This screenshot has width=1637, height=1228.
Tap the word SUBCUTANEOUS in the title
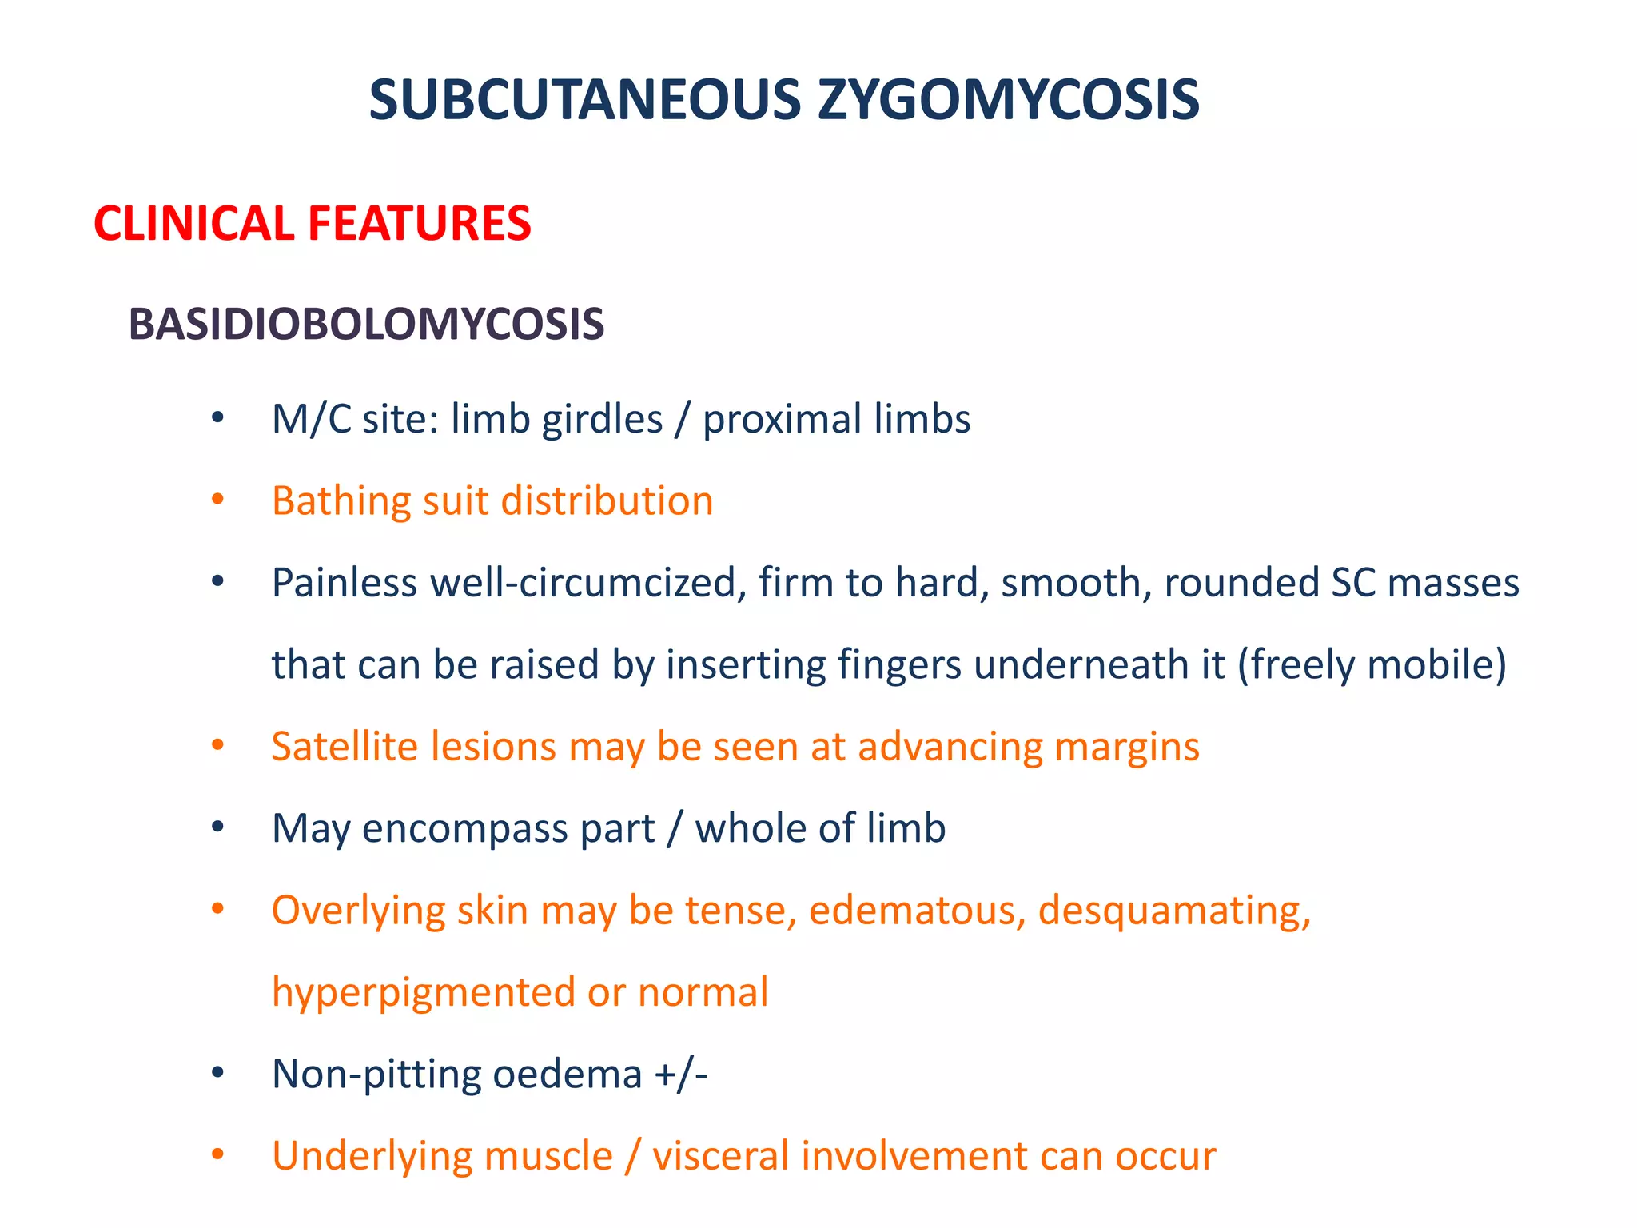[x=584, y=101]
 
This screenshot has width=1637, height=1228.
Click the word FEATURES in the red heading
[x=420, y=223]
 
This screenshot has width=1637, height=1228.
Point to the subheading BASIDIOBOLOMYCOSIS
[x=366, y=325]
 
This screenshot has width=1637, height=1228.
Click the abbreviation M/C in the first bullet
[x=311, y=420]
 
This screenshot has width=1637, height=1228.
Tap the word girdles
[x=602, y=420]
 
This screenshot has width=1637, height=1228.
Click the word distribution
[x=607, y=502]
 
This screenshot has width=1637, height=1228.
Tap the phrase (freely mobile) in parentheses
[x=1372, y=665]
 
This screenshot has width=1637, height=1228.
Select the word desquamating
[x=1174, y=911]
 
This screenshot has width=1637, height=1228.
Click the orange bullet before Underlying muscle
[x=217, y=1155]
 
